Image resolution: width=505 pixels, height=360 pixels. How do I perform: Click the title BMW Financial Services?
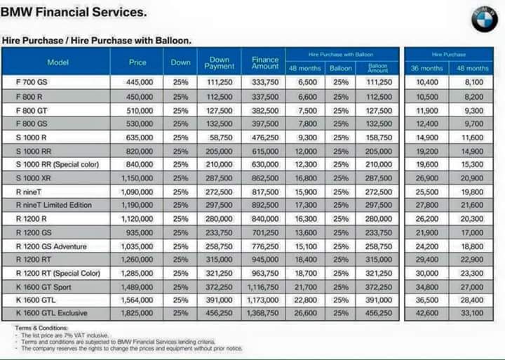pyautogui.click(x=74, y=12)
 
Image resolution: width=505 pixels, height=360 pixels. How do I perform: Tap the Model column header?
pyautogui.click(x=58, y=62)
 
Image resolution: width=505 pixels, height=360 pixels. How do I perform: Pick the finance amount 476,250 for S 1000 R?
pyautogui.click(x=265, y=138)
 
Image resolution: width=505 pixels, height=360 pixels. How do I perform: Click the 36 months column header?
pyautogui.click(x=427, y=68)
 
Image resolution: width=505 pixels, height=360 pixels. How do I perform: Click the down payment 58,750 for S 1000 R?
pyautogui.click(x=220, y=138)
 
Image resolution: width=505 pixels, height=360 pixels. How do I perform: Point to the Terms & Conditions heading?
pyautogui.click(x=41, y=328)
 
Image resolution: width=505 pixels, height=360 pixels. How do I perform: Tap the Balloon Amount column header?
pyautogui.click(x=378, y=68)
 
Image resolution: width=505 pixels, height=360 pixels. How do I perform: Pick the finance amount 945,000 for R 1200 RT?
pyautogui.click(x=265, y=259)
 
